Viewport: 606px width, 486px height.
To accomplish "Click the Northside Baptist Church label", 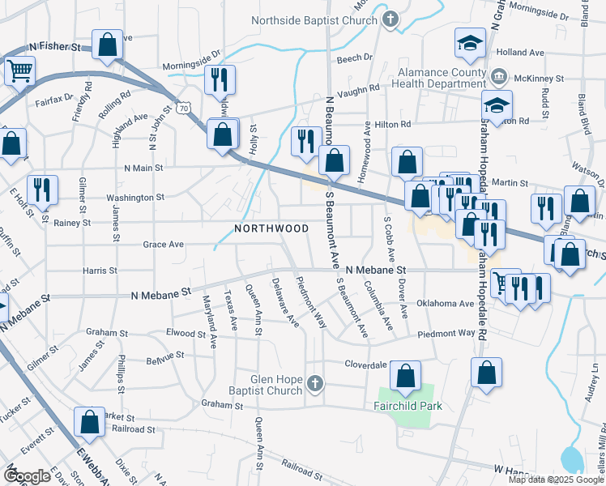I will point(315,20).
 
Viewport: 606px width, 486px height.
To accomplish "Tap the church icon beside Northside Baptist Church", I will point(390,19).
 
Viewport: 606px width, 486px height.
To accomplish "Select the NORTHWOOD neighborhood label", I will point(271,229).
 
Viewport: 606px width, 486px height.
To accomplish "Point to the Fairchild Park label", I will point(408,405).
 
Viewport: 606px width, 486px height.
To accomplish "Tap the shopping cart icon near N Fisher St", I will point(19,70).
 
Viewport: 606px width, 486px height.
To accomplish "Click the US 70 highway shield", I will point(186,107).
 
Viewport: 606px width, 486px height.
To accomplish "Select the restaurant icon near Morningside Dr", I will point(219,79).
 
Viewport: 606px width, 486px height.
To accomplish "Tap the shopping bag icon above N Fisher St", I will point(107,45).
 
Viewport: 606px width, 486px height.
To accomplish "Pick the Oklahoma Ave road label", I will point(444,305).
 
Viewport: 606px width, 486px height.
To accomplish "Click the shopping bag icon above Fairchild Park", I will point(405,376).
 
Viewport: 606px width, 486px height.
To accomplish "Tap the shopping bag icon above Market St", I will point(89,421).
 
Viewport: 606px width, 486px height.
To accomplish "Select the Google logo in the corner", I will point(27,476).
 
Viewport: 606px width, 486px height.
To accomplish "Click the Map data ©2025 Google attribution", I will point(555,480).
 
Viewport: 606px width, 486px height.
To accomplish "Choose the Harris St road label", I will point(100,270).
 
